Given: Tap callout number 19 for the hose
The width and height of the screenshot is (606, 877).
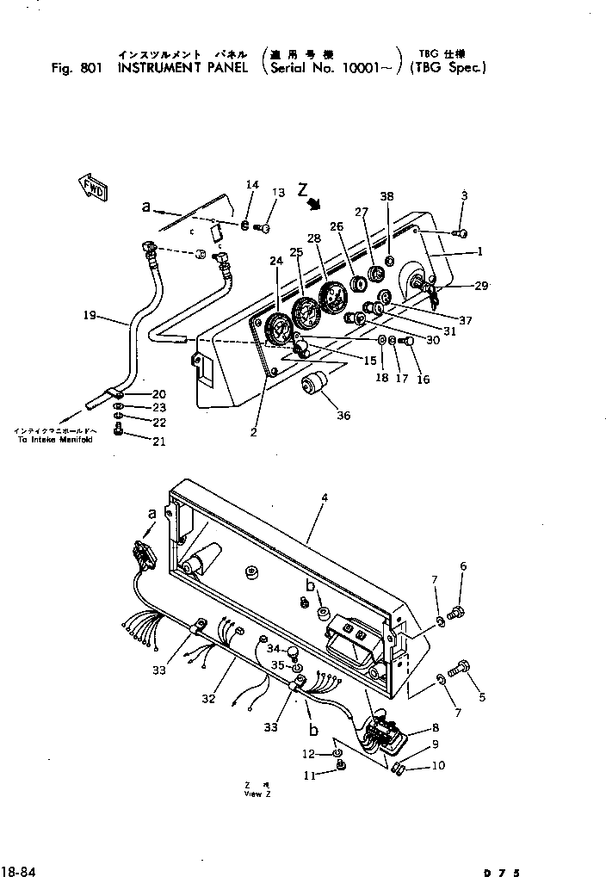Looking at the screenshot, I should pos(90,316).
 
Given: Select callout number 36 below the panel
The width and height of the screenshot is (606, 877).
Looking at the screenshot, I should pos(343,416).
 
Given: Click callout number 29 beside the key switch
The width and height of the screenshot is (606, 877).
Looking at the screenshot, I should pos(480,286).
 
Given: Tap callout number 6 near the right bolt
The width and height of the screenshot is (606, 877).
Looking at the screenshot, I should pos(463,566).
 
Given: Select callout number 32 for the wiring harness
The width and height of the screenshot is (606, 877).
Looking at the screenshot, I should pos(208,699).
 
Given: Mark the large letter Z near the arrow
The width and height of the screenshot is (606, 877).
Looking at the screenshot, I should pos(303,188).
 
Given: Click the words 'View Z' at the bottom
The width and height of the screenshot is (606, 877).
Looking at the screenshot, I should pos(257,794).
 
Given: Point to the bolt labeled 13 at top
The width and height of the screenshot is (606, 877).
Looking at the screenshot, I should pos(265,227).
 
